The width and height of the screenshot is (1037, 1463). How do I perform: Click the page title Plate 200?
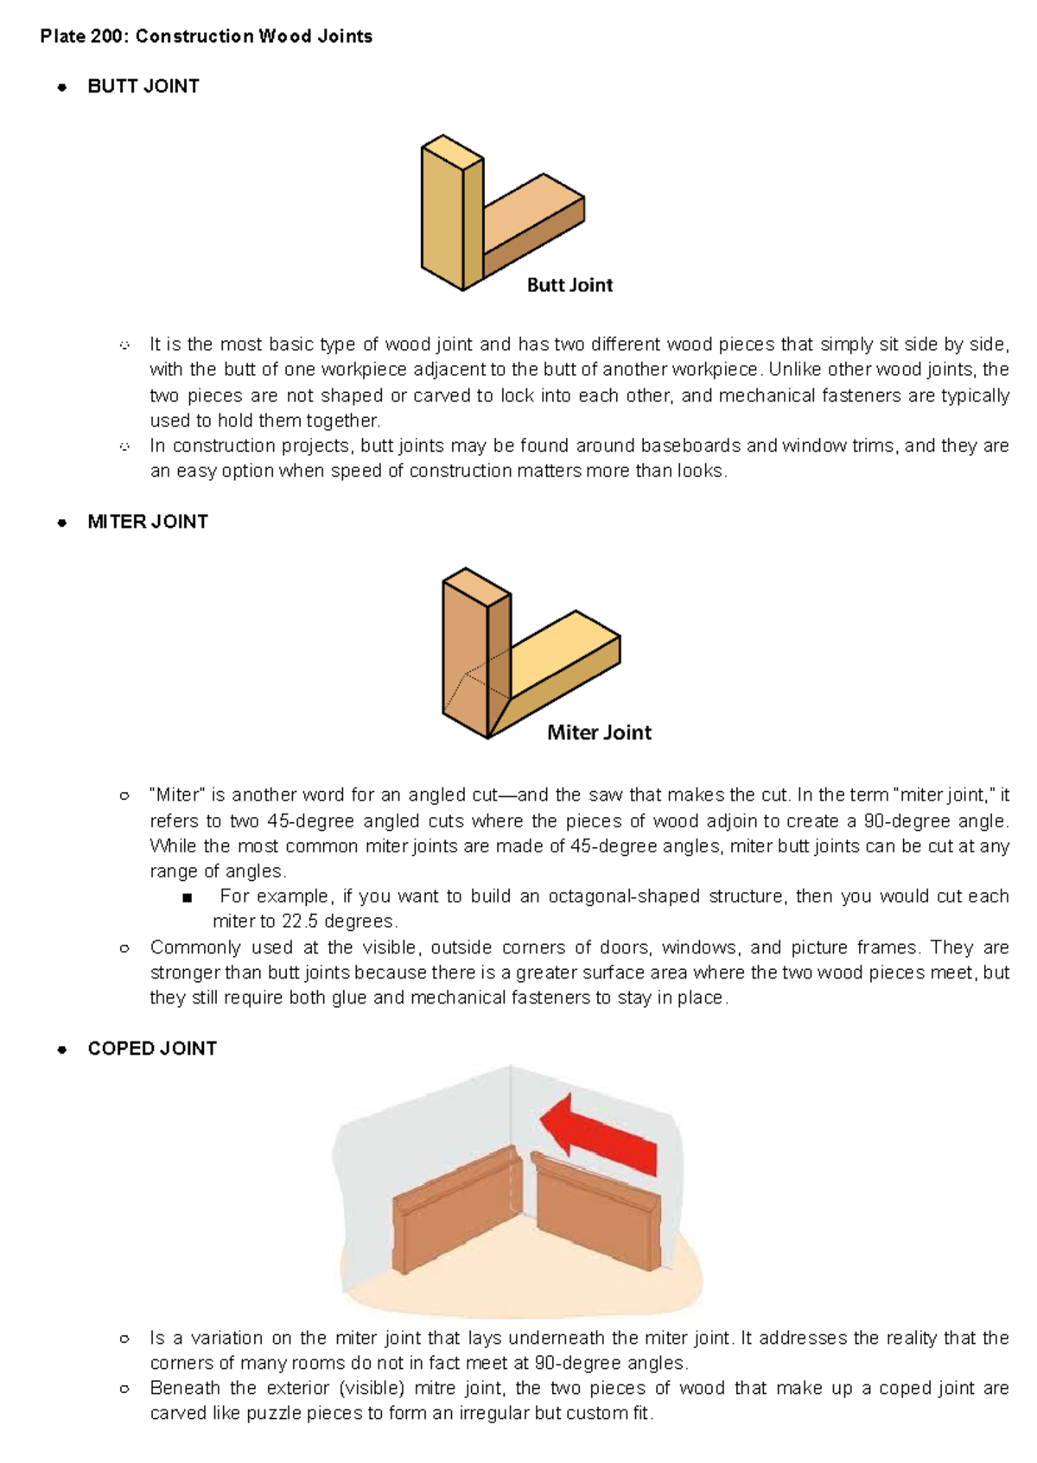click(x=206, y=36)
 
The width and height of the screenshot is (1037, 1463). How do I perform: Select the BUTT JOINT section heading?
click(x=143, y=86)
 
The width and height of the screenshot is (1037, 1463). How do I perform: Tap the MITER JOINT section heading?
click(x=148, y=522)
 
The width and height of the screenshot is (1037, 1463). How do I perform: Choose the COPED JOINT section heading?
click(x=152, y=1048)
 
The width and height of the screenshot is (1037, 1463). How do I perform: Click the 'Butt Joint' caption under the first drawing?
click(x=569, y=285)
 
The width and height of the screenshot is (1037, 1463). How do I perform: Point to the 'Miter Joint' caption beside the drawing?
click(x=599, y=732)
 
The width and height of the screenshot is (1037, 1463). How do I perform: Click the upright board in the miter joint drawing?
click(x=467, y=656)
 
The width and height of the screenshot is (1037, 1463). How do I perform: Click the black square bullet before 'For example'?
click(x=187, y=897)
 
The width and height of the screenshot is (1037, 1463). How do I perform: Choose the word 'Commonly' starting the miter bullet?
click(x=195, y=947)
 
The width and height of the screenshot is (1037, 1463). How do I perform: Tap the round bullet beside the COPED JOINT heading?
click(x=61, y=1049)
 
